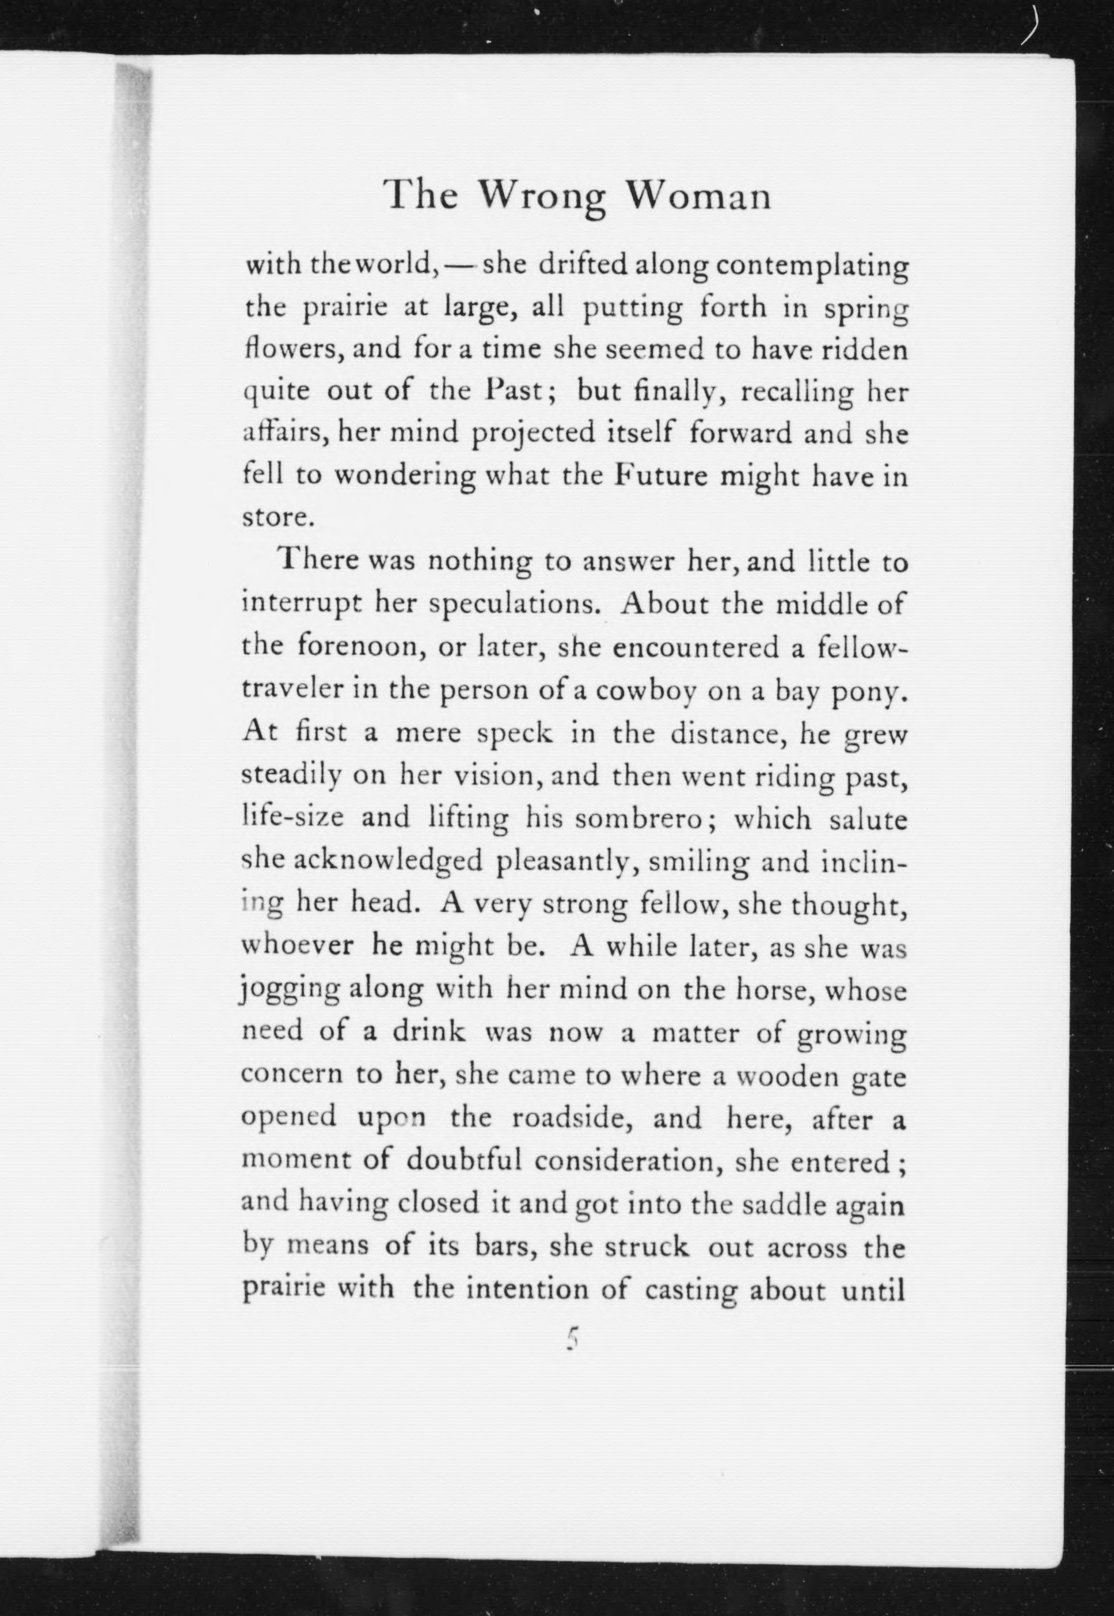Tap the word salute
[x=868, y=818]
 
